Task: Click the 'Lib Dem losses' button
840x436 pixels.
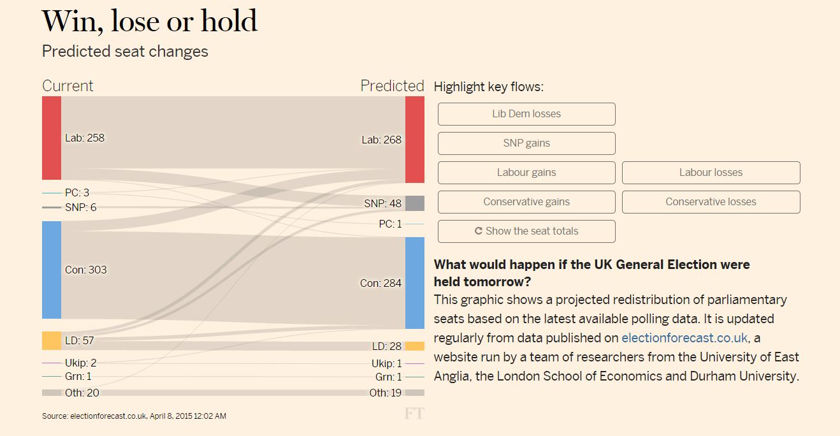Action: click(x=526, y=114)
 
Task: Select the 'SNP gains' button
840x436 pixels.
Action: click(x=526, y=143)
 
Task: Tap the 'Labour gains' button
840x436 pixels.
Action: click(x=526, y=173)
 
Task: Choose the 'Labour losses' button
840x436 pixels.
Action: click(x=711, y=173)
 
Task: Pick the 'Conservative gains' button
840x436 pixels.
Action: click(x=526, y=202)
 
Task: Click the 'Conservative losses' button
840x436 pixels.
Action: click(x=711, y=202)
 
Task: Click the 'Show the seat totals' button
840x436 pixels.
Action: click(x=526, y=231)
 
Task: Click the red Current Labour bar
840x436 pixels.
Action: click(x=52, y=138)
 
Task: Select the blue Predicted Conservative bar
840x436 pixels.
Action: click(x=414, y=283)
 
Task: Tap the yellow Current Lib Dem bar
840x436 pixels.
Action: click(x=52, y=340)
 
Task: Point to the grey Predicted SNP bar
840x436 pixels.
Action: click(x=414, y=203)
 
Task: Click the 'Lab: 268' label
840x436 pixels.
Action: click(x=382, y=140)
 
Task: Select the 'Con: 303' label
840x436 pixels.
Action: click(x=86, y=270)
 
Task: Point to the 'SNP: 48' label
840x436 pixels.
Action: click(x=383, y=203)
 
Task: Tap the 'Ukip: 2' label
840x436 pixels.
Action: click(x=81, y=363)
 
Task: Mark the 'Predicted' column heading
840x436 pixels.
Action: click(x=392, y=86)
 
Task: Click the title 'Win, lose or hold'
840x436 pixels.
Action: click(x=150, y=22)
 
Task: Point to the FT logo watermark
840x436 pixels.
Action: click(x=414, y=414)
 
